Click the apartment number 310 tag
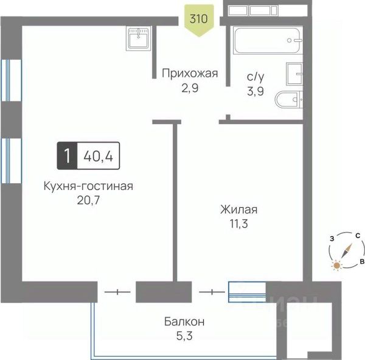(x=199, y=21)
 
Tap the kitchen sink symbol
(x=139, y=38)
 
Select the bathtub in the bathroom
(x=268, y=41)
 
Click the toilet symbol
(x=288, y=99)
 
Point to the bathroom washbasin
(x=294, y=74)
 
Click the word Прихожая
(x=190, y=74)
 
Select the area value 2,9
(x=190, y=88)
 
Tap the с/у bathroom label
(x=255, y=77)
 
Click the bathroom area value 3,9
(x=255, y=91)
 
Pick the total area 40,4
(x=98, y=156)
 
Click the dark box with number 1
(x=67, y=155)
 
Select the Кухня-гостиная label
(x=88, y=186)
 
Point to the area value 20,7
(x=88, y=200)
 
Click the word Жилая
(x=239, y=210)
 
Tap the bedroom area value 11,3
(x=239, y=224)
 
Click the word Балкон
(x=184, y=322)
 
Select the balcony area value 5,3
(x=184, y=336)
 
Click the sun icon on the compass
(x=336, y=266)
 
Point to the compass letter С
(x=358, y=236)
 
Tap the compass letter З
(x=332, y=239)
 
